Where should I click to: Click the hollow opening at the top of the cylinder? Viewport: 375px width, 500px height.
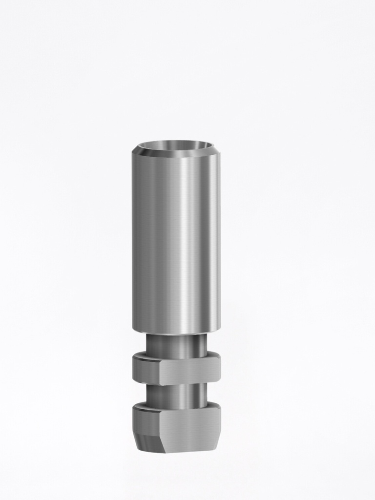[176, 146]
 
